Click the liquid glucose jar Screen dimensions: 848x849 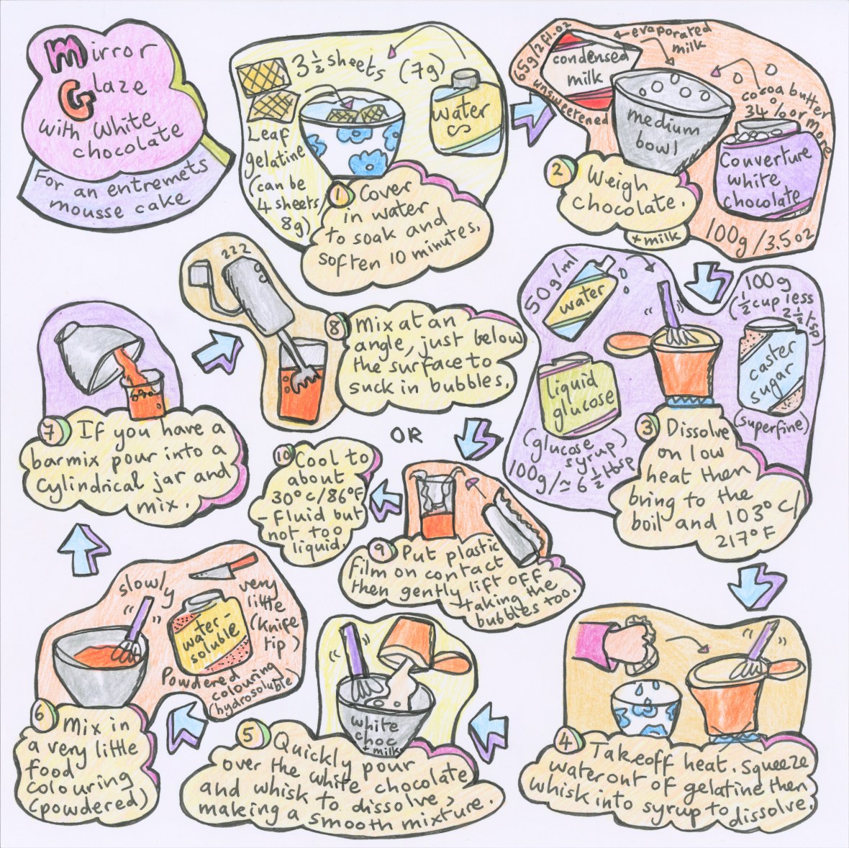573,395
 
